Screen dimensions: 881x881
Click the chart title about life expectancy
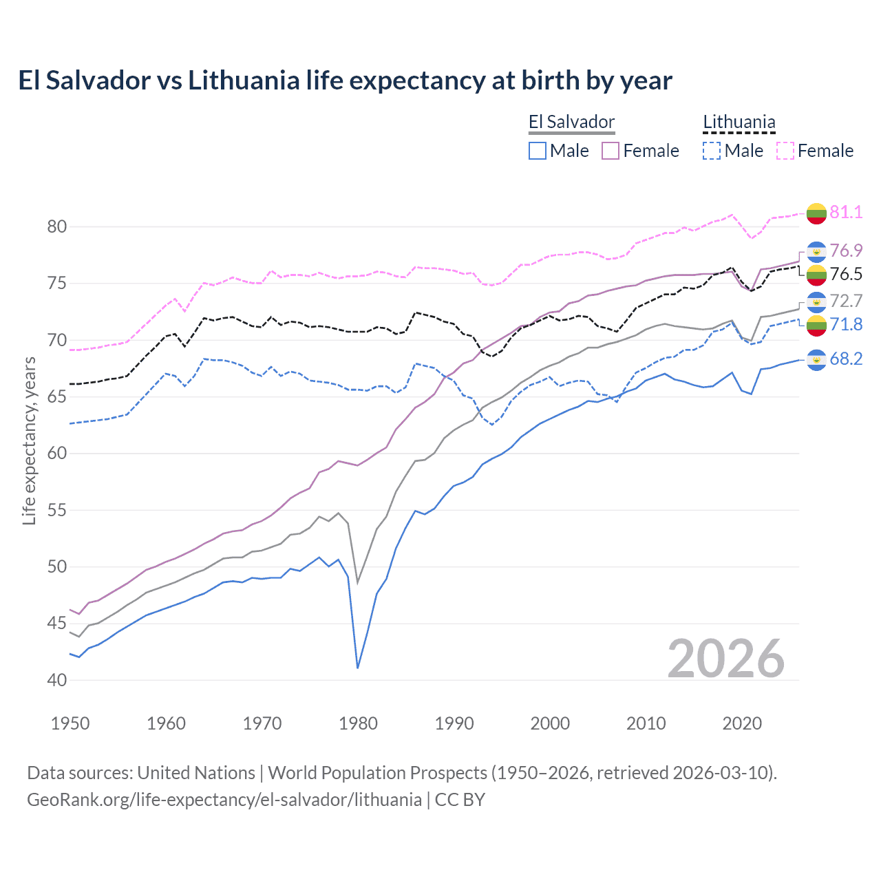click(x=345, y=81)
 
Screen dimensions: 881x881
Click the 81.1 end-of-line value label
click(x=846, y=212)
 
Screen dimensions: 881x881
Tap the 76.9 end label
click(x=846, y=251)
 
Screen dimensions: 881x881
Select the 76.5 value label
click(x=846, y=274)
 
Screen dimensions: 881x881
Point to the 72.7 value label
click(x=846, y=301)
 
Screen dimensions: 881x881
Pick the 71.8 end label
click(x=846, y=324)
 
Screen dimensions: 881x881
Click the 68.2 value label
click(x=846, y=359)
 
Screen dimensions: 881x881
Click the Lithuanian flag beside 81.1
click(x=816, y=213)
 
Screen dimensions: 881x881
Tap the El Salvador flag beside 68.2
click(x=816, y=359)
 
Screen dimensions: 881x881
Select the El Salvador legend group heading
click(x=571, y=123)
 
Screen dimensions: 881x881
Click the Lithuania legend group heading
click(x=739, y=123)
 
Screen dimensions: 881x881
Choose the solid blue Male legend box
click(x=538, y=151)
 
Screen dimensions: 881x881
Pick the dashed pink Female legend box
click(x=785, y=151)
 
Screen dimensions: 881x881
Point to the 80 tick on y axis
click(x=57, y=227)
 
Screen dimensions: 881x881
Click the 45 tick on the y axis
click(x=57, y=624)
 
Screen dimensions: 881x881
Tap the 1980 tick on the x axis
click(x=358, y=723)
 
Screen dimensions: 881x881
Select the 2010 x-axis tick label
click(x=646, y=723)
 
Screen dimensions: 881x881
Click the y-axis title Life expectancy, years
click(x=30, y=440)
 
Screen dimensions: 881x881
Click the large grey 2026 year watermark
click(x=726, y=659)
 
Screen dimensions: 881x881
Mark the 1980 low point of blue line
click(x=358, y=668)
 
